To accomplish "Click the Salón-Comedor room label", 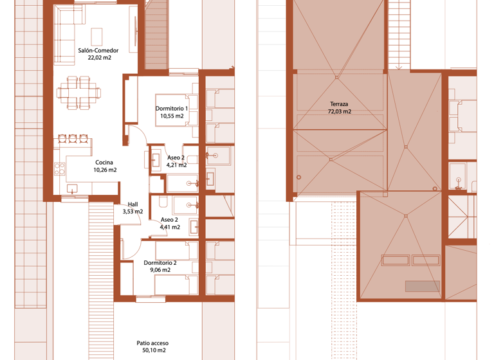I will (x=98, y=50).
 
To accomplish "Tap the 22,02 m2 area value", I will (x=98, y=58).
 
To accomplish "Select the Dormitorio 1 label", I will (x=172, y=109).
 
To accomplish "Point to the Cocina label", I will (x=104, y=162).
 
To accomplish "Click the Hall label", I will (x=133, y=204).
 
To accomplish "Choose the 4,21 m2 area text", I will (x=176, y=165).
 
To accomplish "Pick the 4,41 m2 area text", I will (x=170, y=227).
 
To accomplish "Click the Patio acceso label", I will (x=152, y=343).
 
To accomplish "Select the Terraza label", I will (x=340, y=104).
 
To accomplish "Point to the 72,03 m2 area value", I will (x=340, y=111).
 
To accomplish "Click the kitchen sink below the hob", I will (x=72, y=188).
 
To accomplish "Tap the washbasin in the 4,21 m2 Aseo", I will (x=156, y=159).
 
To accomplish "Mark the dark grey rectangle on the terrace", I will (x=422, y=286).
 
